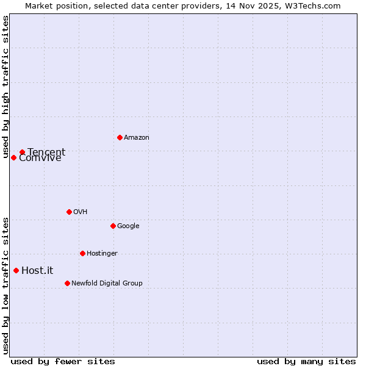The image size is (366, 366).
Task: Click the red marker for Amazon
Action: pos(120,137)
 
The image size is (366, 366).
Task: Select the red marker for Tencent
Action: pos(22,152)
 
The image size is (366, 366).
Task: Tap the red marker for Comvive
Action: pos(13,157)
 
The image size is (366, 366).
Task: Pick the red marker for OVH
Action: pos(69,212)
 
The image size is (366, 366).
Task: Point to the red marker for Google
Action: pos(113,226)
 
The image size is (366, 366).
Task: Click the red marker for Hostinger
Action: pos(82,253)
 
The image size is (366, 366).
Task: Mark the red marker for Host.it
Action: pos(16,270)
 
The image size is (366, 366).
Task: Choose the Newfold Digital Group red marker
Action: pos(67,283)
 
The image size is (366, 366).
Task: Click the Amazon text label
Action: pos(137,138)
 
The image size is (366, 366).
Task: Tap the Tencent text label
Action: pos(46,152)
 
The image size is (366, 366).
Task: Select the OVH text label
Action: pos(81,212)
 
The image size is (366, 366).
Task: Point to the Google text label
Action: pos(128,226)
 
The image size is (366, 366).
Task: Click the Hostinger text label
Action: pos(102,254)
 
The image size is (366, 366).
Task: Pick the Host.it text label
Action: pos(37,271)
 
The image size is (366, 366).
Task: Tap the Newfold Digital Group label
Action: pos(107,284)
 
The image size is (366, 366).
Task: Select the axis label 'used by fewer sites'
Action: pos(63,361)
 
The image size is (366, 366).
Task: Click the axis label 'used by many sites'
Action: pos(306,361)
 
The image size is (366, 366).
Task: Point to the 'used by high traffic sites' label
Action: pos(6,87)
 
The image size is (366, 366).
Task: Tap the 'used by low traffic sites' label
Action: pos(6,285)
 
